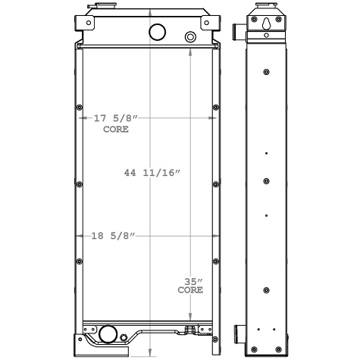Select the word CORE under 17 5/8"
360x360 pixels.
(115, 130)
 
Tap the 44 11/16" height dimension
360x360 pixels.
(152, 174)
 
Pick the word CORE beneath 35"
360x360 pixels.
(189, 290)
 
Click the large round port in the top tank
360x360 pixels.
(158, 32)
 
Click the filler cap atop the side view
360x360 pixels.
(266, 9)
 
